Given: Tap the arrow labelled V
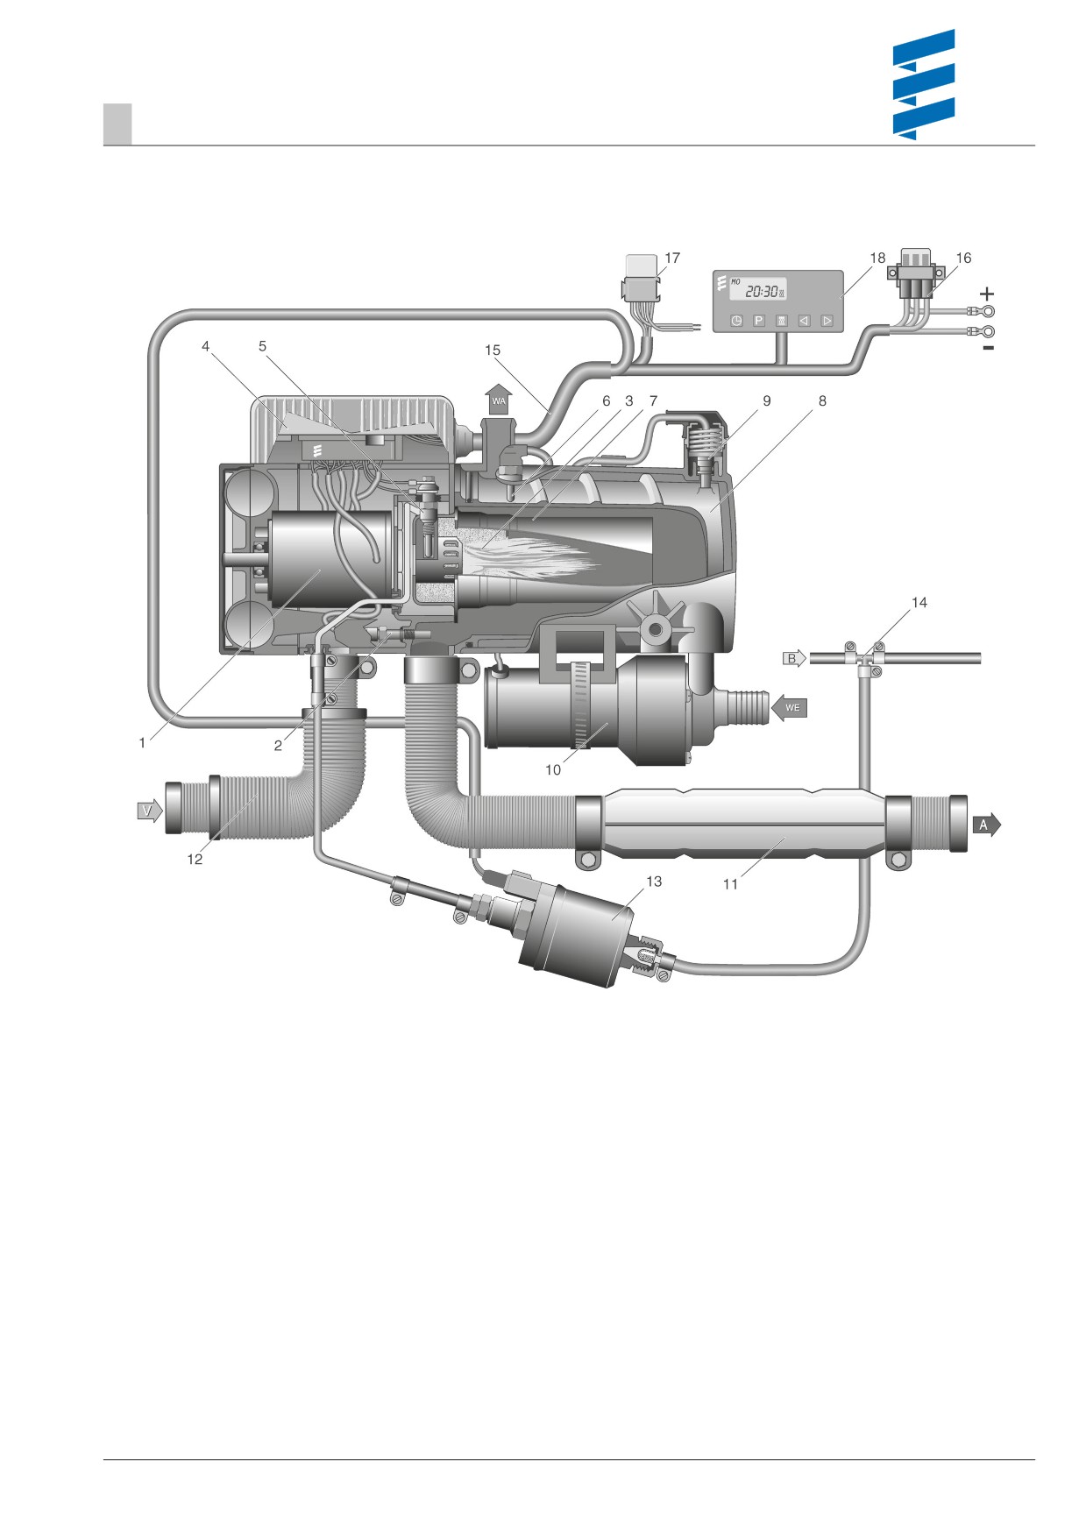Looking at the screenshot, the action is click(150, 811).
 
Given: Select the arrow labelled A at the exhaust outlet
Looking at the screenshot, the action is click(985, 825).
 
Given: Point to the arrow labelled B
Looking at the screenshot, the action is click(794, 658).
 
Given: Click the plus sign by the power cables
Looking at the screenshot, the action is click(987, 294).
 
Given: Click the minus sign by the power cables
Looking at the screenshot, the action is click(988, 349).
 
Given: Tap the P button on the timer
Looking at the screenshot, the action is click(759, 321).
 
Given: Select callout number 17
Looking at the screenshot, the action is click(672, 258).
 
